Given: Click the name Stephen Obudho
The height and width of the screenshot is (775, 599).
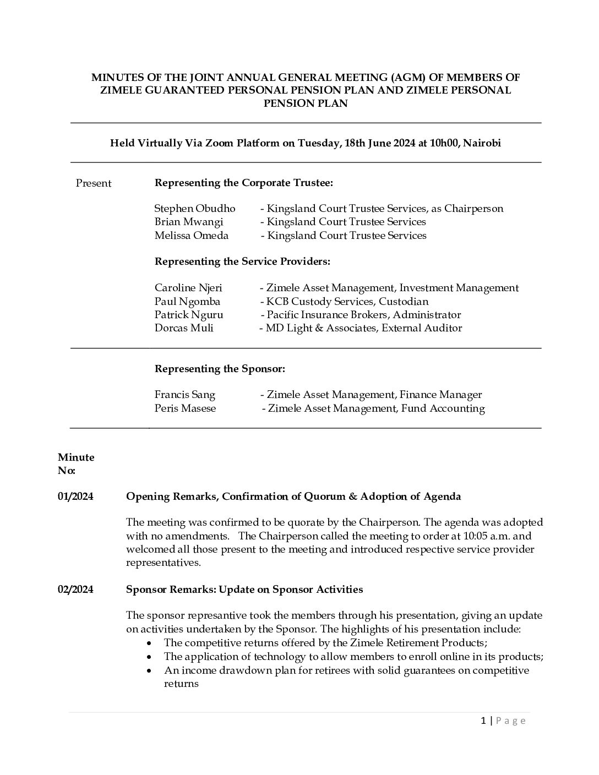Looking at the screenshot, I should pyautogui.click(x=194, y=209).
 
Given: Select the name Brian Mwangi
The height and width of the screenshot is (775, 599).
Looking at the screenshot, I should pyautogui.click(x=188, y=222).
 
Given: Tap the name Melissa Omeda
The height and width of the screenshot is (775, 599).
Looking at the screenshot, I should pyautogui.click(x=191, y=236).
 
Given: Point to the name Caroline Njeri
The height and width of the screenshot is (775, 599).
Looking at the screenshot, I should pyautogui.click(x=188, y=288).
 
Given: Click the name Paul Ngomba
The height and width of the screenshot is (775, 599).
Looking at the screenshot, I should pyautogui.click(x=187, y=302).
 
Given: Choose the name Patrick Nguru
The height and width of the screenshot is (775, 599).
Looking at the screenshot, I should pyautogui.click(x=188, y=315).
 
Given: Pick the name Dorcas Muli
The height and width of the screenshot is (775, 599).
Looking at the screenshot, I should pyautogui.click(x=184, y=328).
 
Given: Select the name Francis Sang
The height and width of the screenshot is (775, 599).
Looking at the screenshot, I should pyautogui.click(x=184, y=395).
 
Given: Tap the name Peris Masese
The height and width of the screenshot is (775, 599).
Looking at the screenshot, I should pyautogui.click(x=185, y=408).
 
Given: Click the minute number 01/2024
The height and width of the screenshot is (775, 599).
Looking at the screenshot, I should pyautogui.click(x=75, y=496).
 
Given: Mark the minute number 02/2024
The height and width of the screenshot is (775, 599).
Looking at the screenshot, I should pyautogui.click(x=75, y=590).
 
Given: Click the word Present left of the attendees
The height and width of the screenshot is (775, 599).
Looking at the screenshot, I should pyautogui.click(x=94, y=183).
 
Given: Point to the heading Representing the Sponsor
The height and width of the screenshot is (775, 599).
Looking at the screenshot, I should pyautogui.click(x=220, y=369).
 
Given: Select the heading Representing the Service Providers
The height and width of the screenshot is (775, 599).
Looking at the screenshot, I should pyautogui.click(x=242, y=261).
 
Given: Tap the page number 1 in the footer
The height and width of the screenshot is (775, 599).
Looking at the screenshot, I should pyautogui.click(x=483, y=721).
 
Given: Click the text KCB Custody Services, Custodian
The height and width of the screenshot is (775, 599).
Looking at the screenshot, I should pyautogui.click(x=347, y=302).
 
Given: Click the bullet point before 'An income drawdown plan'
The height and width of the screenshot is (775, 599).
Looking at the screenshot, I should pyautogui.click(x=151, y=670).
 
